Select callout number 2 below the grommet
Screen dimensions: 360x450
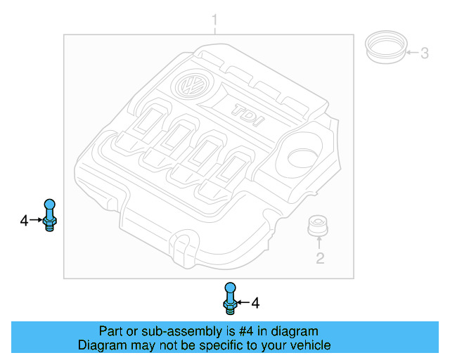click(319, 258)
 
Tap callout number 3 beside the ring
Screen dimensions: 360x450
click(424, 53)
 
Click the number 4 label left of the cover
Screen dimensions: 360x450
click(24, 221)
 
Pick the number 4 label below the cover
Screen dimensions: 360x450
click(255, 303)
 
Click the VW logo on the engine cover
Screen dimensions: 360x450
click(189, 86)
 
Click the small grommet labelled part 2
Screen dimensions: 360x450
click(319, 227)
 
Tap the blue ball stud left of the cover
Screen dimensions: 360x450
click(49, 215)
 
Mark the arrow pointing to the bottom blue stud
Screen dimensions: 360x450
click(242, 303)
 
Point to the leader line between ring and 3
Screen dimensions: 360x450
click(412, 53)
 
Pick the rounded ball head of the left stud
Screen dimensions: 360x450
click(49, 205)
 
